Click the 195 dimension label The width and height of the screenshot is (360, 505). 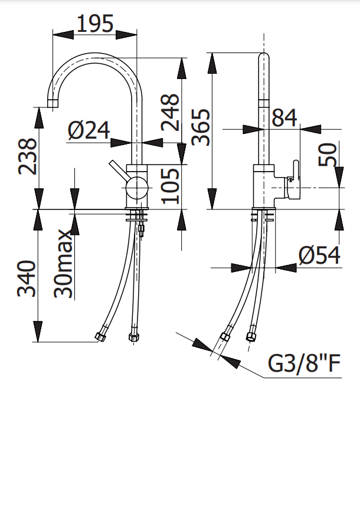[x=95, y=24]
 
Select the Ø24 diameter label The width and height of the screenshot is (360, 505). [x=89, y=130]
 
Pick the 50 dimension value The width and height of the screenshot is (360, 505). [x=328, y=155]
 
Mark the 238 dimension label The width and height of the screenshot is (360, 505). [x=28, y=156]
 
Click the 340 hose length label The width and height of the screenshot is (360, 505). [x=28, y=277]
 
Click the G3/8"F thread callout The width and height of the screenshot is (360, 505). [x=305, y=364]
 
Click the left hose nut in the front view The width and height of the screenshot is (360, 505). [x=99, y=337]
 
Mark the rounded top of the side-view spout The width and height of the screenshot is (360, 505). [x=264, y=57]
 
